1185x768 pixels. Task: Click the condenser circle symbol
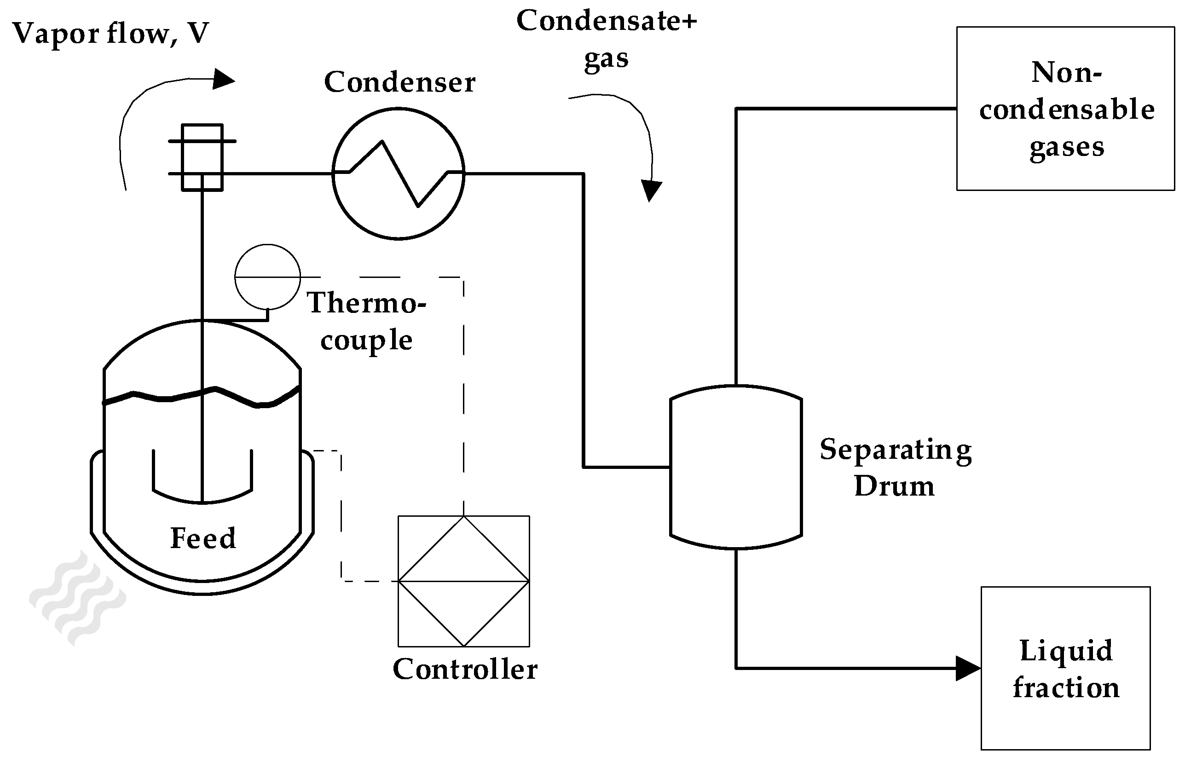[399, 173]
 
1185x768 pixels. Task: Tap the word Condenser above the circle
[400, 82]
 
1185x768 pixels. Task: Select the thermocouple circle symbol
[267, 277]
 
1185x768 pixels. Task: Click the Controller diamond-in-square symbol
[463, 581]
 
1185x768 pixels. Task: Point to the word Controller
[465, 669]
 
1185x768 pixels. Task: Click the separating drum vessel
[736, 467]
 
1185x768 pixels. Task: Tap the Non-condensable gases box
[1065, 109]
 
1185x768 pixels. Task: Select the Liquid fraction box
[1065, 669]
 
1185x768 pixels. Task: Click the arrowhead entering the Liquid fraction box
[968, 668]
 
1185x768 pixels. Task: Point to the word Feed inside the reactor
[203, 538]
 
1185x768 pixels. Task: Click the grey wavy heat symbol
[77, 598]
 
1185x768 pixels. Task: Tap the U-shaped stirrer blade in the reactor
[202, 477]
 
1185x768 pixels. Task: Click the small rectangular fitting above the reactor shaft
[202, 157]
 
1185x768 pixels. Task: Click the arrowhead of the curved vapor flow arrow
[224, 79]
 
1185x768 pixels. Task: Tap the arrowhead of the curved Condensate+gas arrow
[651, 191]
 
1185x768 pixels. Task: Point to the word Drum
[894, 486]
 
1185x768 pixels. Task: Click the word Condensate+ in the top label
[607, 21]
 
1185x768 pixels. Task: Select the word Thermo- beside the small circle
[366, 303]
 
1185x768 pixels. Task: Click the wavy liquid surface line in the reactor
[202, 397]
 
